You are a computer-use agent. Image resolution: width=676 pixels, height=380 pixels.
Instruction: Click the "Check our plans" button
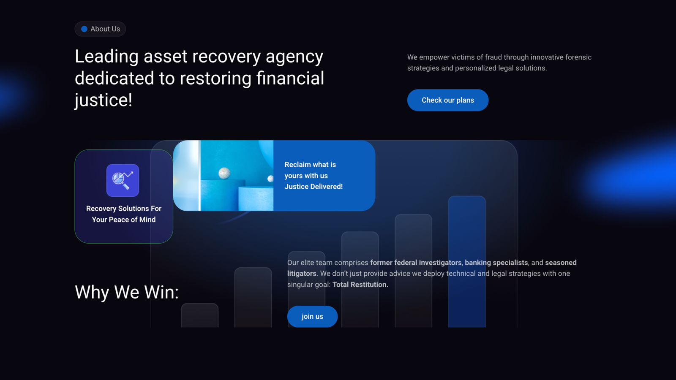click(447, 100)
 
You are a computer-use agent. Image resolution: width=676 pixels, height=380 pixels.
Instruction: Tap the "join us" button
click(312, 316)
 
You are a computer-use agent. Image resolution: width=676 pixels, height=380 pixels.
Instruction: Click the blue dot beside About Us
click(84, 29)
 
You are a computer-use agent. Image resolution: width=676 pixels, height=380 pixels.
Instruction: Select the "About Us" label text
click(105, 29)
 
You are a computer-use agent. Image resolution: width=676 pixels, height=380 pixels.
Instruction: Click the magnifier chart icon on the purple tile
click(123, 180)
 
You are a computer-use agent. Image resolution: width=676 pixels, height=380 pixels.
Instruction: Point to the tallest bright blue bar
click(466, 261)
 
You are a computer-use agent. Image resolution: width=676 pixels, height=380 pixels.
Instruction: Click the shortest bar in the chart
click(199, 315)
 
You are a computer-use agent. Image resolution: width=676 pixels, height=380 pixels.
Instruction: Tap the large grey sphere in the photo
click(224, 173)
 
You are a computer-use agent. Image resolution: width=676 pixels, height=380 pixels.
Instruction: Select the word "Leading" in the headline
click(106, 57)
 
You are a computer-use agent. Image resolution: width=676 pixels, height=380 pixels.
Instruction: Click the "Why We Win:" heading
click(127, 292)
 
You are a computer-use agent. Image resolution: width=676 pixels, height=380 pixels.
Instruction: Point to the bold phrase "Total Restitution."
click(360, 285)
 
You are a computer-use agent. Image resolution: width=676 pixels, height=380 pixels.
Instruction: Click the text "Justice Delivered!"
click(313, 186)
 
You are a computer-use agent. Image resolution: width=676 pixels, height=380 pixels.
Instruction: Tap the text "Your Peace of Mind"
click(124, 220)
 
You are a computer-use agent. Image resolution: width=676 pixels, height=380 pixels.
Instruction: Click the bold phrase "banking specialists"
click(496, 263)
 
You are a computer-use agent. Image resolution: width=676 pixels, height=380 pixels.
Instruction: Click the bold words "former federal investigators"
click(416, 263)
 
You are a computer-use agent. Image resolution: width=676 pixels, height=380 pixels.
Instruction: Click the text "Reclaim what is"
click(310, 164)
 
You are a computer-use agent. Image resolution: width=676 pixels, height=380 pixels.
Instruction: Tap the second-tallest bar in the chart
click(413, 271)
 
